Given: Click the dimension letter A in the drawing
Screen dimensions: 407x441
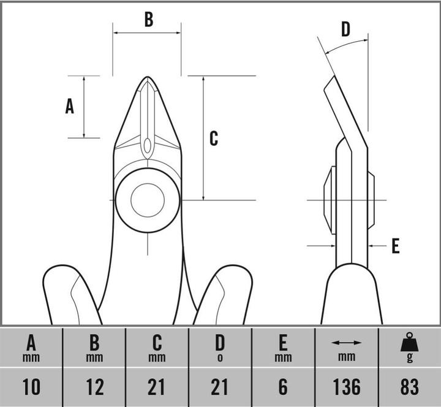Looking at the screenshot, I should pyautogui.click(x=70, y=107).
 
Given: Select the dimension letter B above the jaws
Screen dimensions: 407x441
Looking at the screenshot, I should pyautogui.click(x=148, y=20).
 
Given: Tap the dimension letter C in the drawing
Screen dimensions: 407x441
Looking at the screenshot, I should pyautogui.click(x=214, y=139).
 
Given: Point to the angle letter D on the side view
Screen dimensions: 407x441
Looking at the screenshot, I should pyautogui.click(x=345, y=29).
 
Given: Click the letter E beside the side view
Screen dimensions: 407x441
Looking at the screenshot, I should pyautogui.click(x=395, y=246).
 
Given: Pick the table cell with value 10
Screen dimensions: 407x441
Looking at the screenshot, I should pyautogui.click(x=31, y=387).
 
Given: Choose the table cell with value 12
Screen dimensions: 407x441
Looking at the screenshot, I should pyautogui.click(x=94, y=387).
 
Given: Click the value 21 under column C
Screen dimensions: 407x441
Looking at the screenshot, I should pyautogui.click(x=157, y=387).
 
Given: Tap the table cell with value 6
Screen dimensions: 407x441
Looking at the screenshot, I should pyautogui.click(x=282, y=387).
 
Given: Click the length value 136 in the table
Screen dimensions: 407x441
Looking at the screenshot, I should pyautogui.click(x=346, y=387).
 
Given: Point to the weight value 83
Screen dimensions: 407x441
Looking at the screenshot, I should pyautogui.click(x=409, y=387).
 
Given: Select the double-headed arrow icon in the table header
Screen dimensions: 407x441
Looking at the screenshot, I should pyautogui.click(x=346, y=343).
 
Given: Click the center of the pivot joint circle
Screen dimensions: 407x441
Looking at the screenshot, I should pyautogui.click(x=148, y=200).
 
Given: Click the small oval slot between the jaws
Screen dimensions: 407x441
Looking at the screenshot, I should pyautogui.click(x=147, y=146).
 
